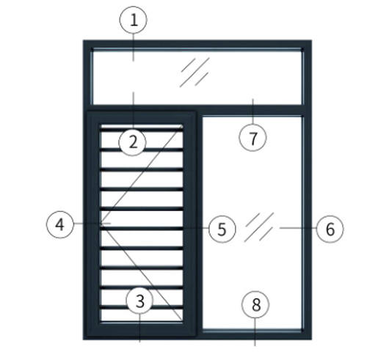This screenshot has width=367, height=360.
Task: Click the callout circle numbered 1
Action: coord(134,20)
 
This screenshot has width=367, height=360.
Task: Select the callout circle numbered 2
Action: coord(132,142)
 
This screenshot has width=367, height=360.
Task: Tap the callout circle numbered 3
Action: coord(139,301)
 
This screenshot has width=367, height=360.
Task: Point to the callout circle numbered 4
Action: coord(60,224)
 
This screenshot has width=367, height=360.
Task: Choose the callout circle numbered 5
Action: coord(222,229)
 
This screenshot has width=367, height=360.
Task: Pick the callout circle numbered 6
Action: coord(330,229)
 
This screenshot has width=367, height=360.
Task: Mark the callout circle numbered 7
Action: coord(252,138)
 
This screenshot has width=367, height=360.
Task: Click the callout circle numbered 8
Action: coord(255,304)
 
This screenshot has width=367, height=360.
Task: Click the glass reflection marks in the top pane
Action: coord(195,72)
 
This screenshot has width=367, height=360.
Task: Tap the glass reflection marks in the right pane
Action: coord(259,227)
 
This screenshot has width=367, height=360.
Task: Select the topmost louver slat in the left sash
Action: coord(142,129)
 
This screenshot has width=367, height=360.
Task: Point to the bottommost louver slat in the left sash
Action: coord(142,307)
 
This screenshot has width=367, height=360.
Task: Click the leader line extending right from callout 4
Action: coord(92,223)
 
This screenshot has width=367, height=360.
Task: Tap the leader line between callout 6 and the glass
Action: coord(298,228)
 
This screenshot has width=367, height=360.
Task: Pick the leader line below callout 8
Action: coord(255,332)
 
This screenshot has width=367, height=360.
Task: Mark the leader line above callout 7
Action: coord(252,111)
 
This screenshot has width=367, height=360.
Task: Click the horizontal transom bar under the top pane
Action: coord(197,108)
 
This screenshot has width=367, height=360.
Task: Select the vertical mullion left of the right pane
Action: coord(199,223)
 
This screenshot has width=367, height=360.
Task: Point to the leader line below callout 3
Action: coord(139,328)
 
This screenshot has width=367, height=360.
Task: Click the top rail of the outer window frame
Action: coord(197,44)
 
